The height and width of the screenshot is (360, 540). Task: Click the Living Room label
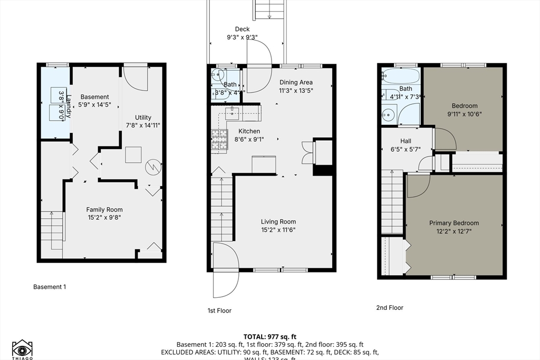click(278, 221)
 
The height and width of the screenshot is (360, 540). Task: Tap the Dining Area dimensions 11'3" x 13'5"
click(295, 90)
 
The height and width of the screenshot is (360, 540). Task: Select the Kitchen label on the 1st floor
click(249, 131)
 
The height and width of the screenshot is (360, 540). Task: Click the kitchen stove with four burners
click(219, 141)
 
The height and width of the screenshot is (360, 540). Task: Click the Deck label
click(242, 30)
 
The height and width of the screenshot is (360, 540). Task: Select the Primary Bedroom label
click(454, 223)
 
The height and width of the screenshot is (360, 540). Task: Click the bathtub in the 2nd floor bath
click(400, 76)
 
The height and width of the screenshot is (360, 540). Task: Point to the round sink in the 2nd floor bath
click(390, 113)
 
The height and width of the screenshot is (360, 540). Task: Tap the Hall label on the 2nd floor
click(406, 141)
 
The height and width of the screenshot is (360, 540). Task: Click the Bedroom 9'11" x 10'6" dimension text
click(465, 114)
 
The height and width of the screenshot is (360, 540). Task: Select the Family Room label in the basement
click(104, 210)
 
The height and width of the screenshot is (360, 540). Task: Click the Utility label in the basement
click(143, 118)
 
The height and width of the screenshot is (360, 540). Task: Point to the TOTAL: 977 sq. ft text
click(269, 336)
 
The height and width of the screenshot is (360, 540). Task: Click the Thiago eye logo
click(22, 348)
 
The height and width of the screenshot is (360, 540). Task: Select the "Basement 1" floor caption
click(50, 287)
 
